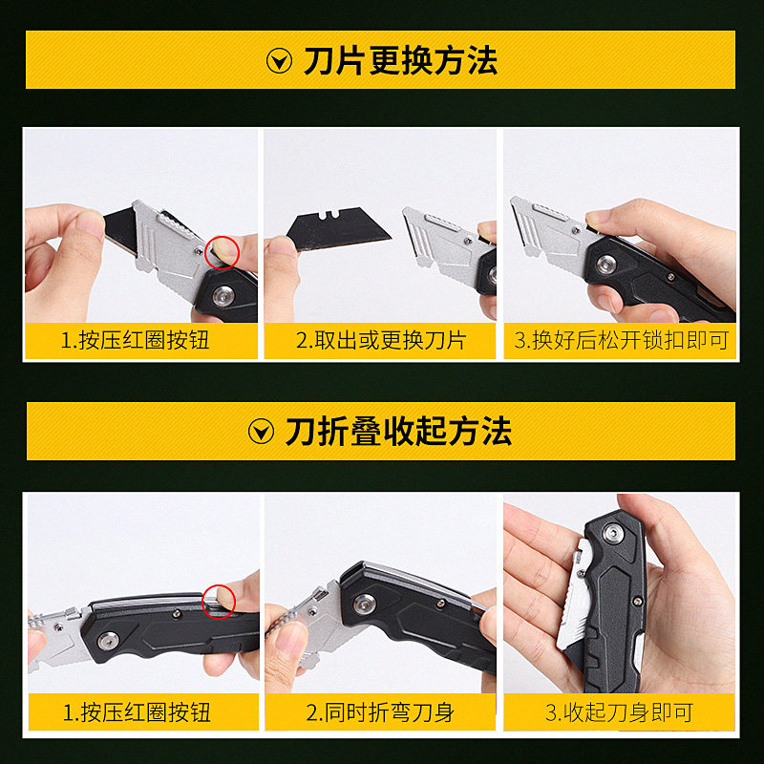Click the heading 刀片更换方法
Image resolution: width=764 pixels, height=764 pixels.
pyautogui.click(x=400, y=61)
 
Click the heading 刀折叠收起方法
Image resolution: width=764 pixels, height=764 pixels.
pyautogui.click(x=398, y=432)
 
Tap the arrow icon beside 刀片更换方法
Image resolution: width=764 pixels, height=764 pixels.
pyautogui.click(x=279, y=61)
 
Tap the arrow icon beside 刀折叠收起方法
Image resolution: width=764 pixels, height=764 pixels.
pyautogui.click(x=261, y=432)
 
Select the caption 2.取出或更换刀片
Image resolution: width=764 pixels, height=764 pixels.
pyautogui.click(x=381, y=340)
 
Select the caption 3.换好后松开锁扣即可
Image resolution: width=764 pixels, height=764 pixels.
pyautogui.click(x=621, y=340)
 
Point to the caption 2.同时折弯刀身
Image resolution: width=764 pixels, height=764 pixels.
pyautogui.click(x=380, y=712)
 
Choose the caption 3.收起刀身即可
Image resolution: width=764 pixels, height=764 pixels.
pyautogui.click(x=619, y=712)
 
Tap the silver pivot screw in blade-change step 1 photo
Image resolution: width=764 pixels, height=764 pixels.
pyautogui.click(x=223, y=295)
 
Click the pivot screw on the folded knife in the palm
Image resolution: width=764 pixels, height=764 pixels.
pyautogui.click(x=613, y=533)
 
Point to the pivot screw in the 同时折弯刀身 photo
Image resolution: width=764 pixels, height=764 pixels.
pyautogui.click(x=365, y=605)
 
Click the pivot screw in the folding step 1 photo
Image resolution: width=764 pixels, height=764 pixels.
pyautogui.click(x=108, y=640)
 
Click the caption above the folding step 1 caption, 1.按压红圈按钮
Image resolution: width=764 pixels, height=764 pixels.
pyautogui.click(x=135, y=340)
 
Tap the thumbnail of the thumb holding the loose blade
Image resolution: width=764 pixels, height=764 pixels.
pyautogui.click(x=283, y=246)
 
